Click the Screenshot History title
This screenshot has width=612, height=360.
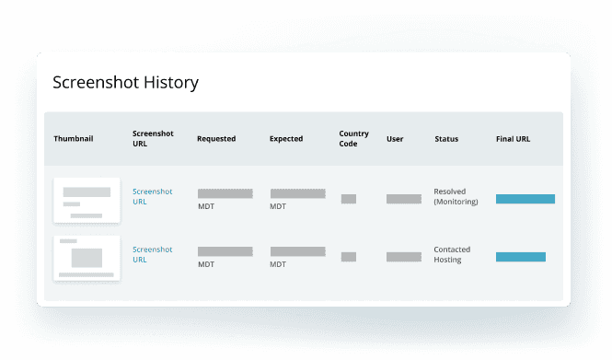tap(125, 83)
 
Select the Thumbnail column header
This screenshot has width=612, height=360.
tap(74, 139)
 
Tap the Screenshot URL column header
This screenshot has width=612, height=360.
tap(152, 139)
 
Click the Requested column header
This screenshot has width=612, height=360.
tap(216, 139)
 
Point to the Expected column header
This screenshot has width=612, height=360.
tap(286, 139)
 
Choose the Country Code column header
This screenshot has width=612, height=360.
tap(353, 139)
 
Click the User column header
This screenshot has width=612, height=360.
tap(395, 139)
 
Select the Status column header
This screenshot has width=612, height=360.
tap(446, 139)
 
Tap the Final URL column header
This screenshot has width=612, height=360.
tap(513, 139)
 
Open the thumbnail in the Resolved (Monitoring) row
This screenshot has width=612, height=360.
tap(87, 200)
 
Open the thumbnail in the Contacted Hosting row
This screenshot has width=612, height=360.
tap(87, 258)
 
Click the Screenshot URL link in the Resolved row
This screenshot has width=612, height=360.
tap(152, 196)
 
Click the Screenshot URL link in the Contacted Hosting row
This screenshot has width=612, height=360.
tap(152, 254)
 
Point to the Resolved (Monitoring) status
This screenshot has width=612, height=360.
tap(456, 196)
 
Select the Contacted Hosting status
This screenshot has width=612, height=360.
tap(450, 254)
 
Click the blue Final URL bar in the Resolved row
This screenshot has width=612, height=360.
tap(525, 199)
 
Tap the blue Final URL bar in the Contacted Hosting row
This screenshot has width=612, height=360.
tap(521, 257)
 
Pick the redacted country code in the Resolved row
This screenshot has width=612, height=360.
tap(349, 199)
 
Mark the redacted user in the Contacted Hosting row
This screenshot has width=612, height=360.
tap(404, 257)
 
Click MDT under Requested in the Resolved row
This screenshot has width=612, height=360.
tap(206, 207)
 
